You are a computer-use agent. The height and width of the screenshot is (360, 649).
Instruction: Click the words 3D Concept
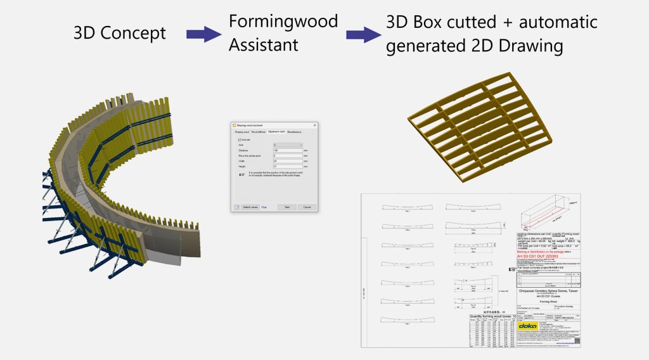click(120, 33)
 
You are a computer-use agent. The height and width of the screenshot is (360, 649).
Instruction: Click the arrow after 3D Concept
click(204, 34)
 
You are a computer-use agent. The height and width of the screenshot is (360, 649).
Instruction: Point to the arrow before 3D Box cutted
click(364, 34)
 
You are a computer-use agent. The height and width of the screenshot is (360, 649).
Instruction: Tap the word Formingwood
click(283, 22)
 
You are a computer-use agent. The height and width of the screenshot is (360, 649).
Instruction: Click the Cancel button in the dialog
click(307, 207)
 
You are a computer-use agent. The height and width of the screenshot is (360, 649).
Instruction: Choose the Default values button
click(250, 207)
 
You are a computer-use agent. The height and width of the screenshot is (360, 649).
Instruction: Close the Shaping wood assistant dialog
click(315, 125)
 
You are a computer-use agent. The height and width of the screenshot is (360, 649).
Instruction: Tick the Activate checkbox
click(240, 139)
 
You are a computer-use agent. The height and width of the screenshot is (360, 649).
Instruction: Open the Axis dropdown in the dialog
click(288, 145)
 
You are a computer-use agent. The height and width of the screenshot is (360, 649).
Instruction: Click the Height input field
click(288, 166)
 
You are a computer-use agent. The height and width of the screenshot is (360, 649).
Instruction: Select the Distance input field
click(288, 150)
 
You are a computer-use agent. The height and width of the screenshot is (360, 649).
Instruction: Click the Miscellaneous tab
click(294, 132)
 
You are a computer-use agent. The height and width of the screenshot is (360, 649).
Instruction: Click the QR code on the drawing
click(577, 340)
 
